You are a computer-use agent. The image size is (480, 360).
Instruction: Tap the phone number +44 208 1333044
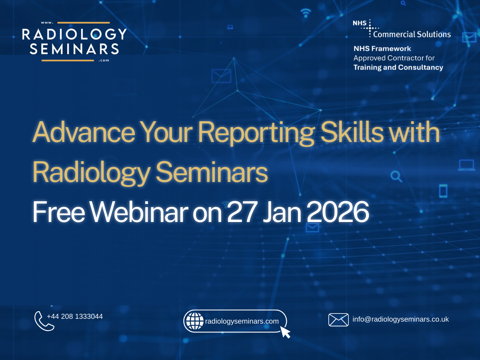pos(75,316)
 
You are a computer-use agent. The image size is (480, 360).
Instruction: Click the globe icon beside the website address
pos(194,321)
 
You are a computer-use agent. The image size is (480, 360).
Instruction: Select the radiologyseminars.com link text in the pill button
pos(242,321)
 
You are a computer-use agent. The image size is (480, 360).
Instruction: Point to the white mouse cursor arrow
pos(285,332)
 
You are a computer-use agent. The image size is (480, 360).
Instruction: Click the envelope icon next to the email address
pos(338,320)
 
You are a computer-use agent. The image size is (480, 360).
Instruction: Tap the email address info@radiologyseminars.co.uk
pos(400,319)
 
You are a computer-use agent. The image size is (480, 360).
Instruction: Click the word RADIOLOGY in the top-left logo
pos(74,34)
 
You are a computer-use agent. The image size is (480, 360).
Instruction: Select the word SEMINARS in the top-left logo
pos(74,49)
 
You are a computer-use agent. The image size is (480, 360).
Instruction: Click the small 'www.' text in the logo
pos(47,23)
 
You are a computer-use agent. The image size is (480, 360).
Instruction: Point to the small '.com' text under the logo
pos(104,60)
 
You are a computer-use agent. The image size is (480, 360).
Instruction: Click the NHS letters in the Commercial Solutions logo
pos(360,23)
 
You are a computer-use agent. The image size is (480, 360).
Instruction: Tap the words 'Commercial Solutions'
pos(412,34)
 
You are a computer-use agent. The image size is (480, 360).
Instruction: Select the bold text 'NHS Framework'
pos(382,48)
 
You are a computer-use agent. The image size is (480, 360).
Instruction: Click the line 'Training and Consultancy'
pos(398,67)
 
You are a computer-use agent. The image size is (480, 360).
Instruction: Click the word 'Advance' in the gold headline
pos(84,132)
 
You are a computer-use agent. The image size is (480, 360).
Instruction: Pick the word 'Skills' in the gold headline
pos(352,132)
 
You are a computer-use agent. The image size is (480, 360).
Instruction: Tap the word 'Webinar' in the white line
pos(139,212)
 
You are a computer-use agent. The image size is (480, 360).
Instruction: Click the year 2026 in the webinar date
pos(338,212)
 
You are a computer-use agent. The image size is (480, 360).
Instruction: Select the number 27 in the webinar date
pos(242,212)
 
